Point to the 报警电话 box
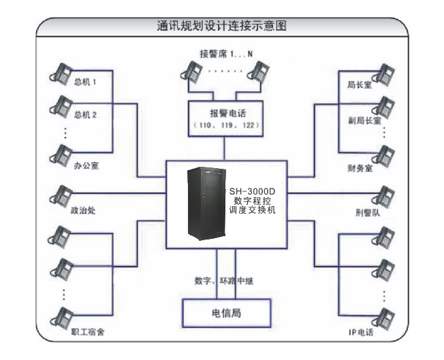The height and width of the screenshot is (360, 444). point(224,117)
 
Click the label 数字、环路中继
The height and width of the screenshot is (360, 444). point(224,280)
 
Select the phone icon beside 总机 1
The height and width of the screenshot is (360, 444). point(61,75)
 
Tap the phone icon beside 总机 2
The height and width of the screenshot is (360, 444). point(61,106)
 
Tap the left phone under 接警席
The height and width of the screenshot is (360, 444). point(191,71)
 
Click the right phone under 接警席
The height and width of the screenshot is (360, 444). point(258,71)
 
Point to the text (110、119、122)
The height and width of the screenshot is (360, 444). point(224,127)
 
